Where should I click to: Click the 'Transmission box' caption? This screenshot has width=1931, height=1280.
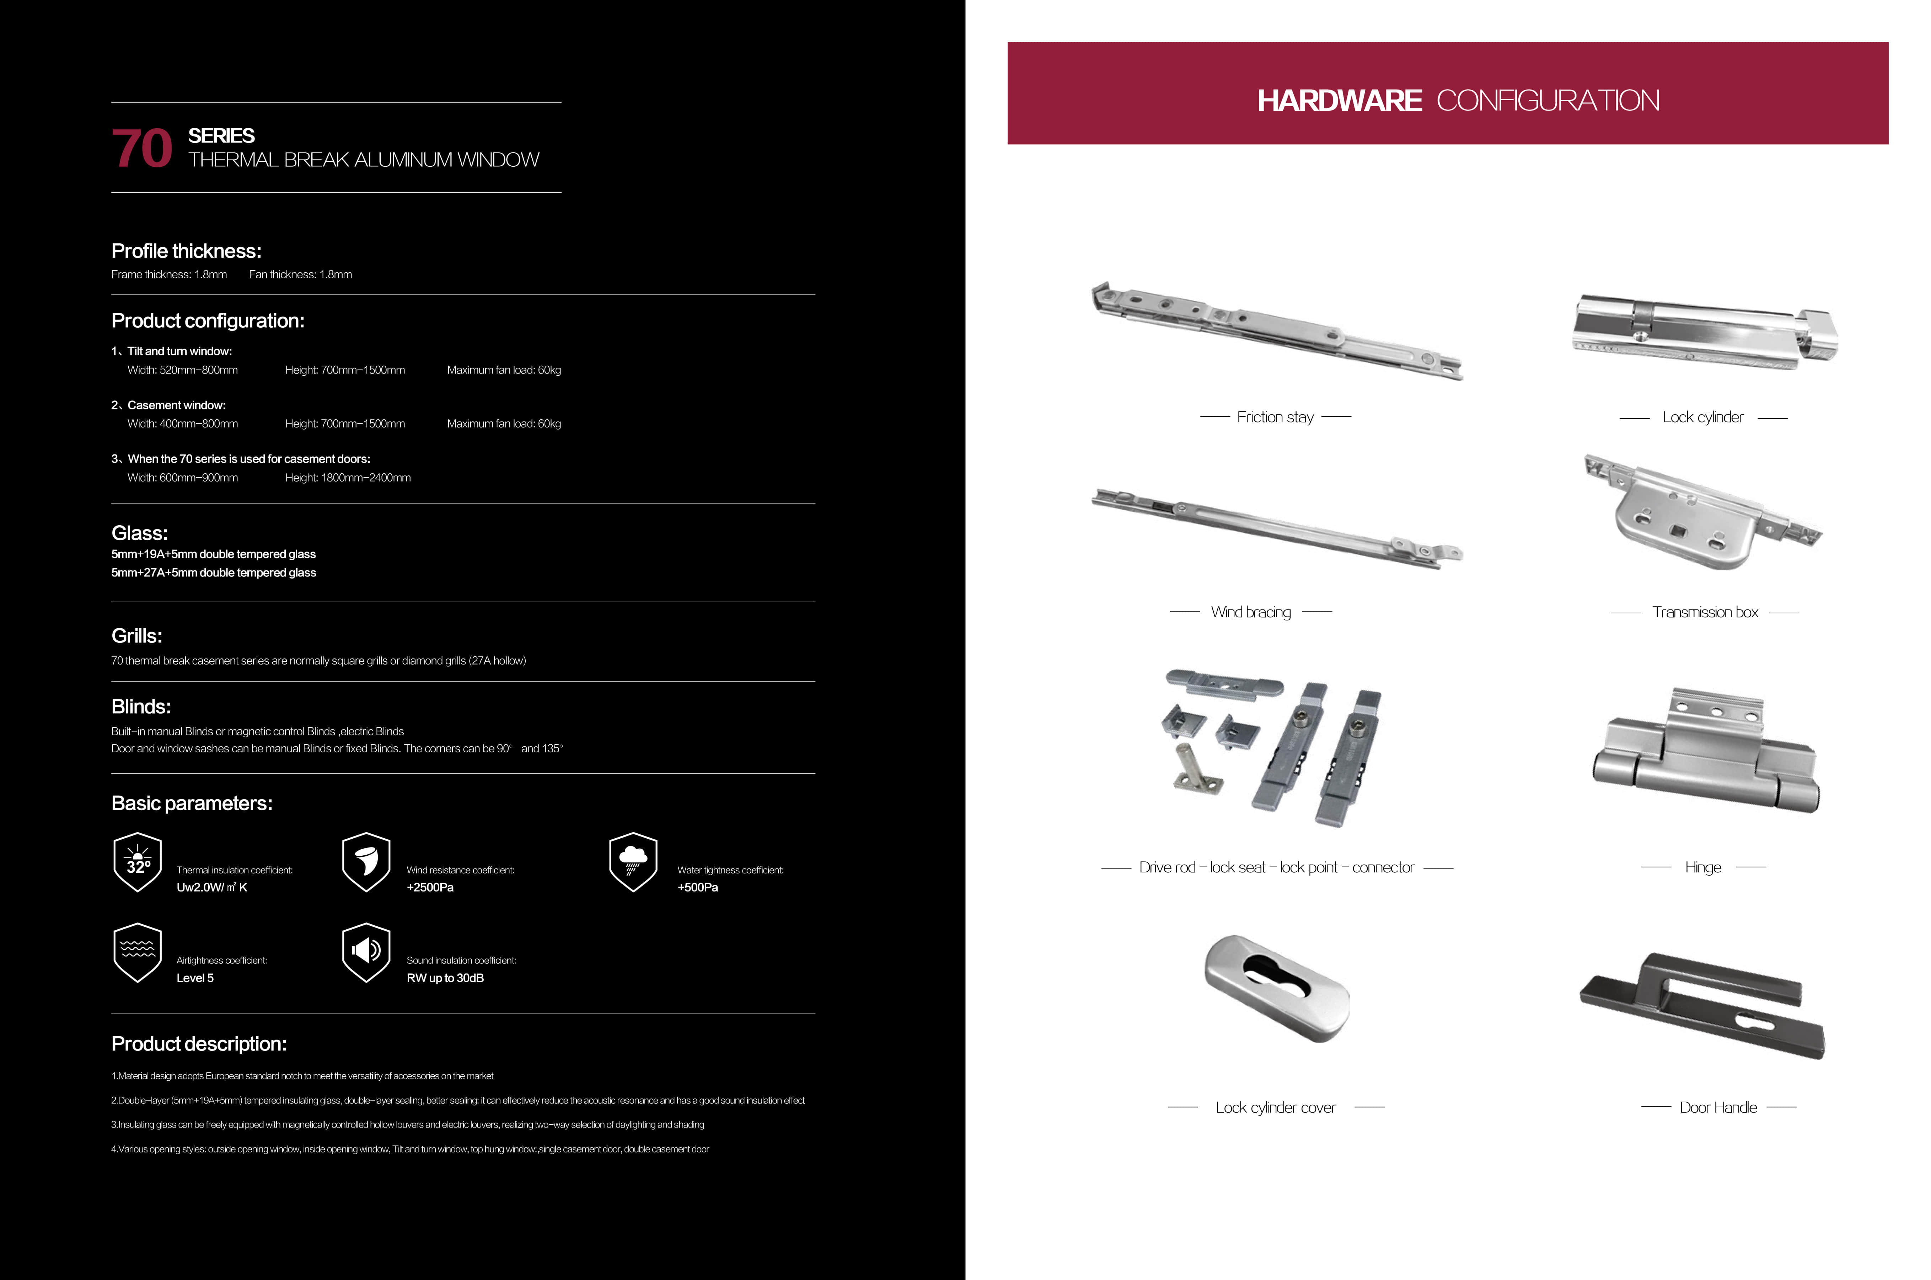click(x=1705, y=612)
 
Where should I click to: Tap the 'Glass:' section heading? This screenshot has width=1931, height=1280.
click(x=140, y=533)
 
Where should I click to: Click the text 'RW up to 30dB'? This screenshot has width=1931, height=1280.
click(x=445, y=978)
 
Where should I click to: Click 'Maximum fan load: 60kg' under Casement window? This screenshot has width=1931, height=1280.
click(x=504, y=424)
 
